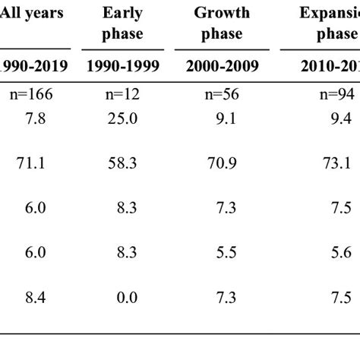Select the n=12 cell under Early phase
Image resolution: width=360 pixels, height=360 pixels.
click(x=123, y=96)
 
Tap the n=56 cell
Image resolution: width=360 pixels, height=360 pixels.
click(x=222, y=96)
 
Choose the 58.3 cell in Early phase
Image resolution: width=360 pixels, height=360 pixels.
click(x=123, y=162)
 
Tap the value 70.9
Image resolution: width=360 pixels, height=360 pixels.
click(x=222, y=162)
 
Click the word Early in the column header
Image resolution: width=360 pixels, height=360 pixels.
click(x=123, y=13)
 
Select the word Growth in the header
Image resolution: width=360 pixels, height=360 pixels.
click(x=222, y=13)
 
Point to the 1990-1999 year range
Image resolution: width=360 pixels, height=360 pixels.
click(x=123, y=66)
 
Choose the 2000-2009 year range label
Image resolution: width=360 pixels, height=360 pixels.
click(x=222, y=66)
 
